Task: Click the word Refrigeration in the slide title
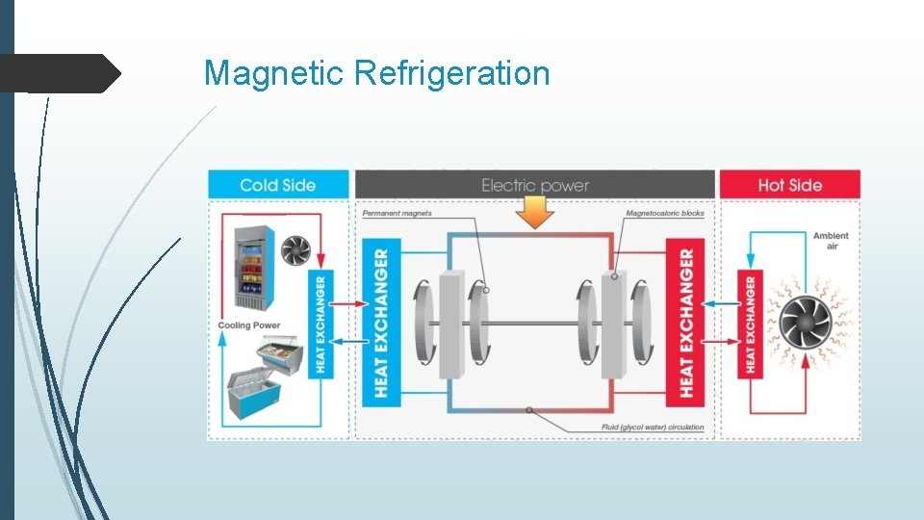tap(452, 73)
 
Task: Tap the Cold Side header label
tap(278, 185)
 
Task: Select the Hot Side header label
tap(789, 185)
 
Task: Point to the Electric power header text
tap(535, 185)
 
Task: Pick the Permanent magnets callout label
tap(398, 213)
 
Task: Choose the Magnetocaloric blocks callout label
tap(665, 213)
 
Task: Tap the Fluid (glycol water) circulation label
tap(653, 427)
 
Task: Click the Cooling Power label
tap(249, 325)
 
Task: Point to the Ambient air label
tap(830, 240)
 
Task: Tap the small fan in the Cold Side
tap(295, 250)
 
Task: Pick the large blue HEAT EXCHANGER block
tap(381, 322)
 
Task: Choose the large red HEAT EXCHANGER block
tap(686, 322)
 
